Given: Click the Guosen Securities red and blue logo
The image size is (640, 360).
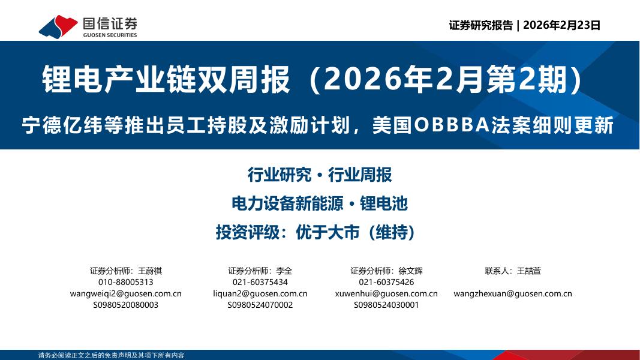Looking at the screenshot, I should (x=58, y=26).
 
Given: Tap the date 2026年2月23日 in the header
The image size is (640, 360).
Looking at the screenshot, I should (x=561, y=25).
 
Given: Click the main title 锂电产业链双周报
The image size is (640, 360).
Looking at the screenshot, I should (x=166, y=80).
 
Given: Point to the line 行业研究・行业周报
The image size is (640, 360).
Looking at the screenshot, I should (x=320, y=175).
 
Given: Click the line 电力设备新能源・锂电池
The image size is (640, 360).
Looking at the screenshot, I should (x=320, y=203).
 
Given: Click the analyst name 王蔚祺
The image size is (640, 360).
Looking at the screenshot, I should (x=150, y=271).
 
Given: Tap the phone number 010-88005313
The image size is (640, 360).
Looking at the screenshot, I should (x=125, y=282).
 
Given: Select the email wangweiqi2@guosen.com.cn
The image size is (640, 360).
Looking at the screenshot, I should (x=125, y=293).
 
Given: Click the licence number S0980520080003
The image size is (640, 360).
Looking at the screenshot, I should (x=125, y=305).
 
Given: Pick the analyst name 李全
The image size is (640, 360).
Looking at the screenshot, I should (x=285, y=271).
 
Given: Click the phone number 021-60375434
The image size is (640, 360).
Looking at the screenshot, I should (x=260, y=282).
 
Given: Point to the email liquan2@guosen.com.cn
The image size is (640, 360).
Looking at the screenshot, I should (x=260, y=293).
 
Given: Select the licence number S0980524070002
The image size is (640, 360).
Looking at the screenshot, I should (x=260, y=305).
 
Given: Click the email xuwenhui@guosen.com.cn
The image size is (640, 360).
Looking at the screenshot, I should (x=386, y=293).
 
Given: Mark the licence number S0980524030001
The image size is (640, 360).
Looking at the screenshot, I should (x=386, y=305).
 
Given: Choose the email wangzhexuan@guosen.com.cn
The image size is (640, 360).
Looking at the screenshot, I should (x=513, y=293).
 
